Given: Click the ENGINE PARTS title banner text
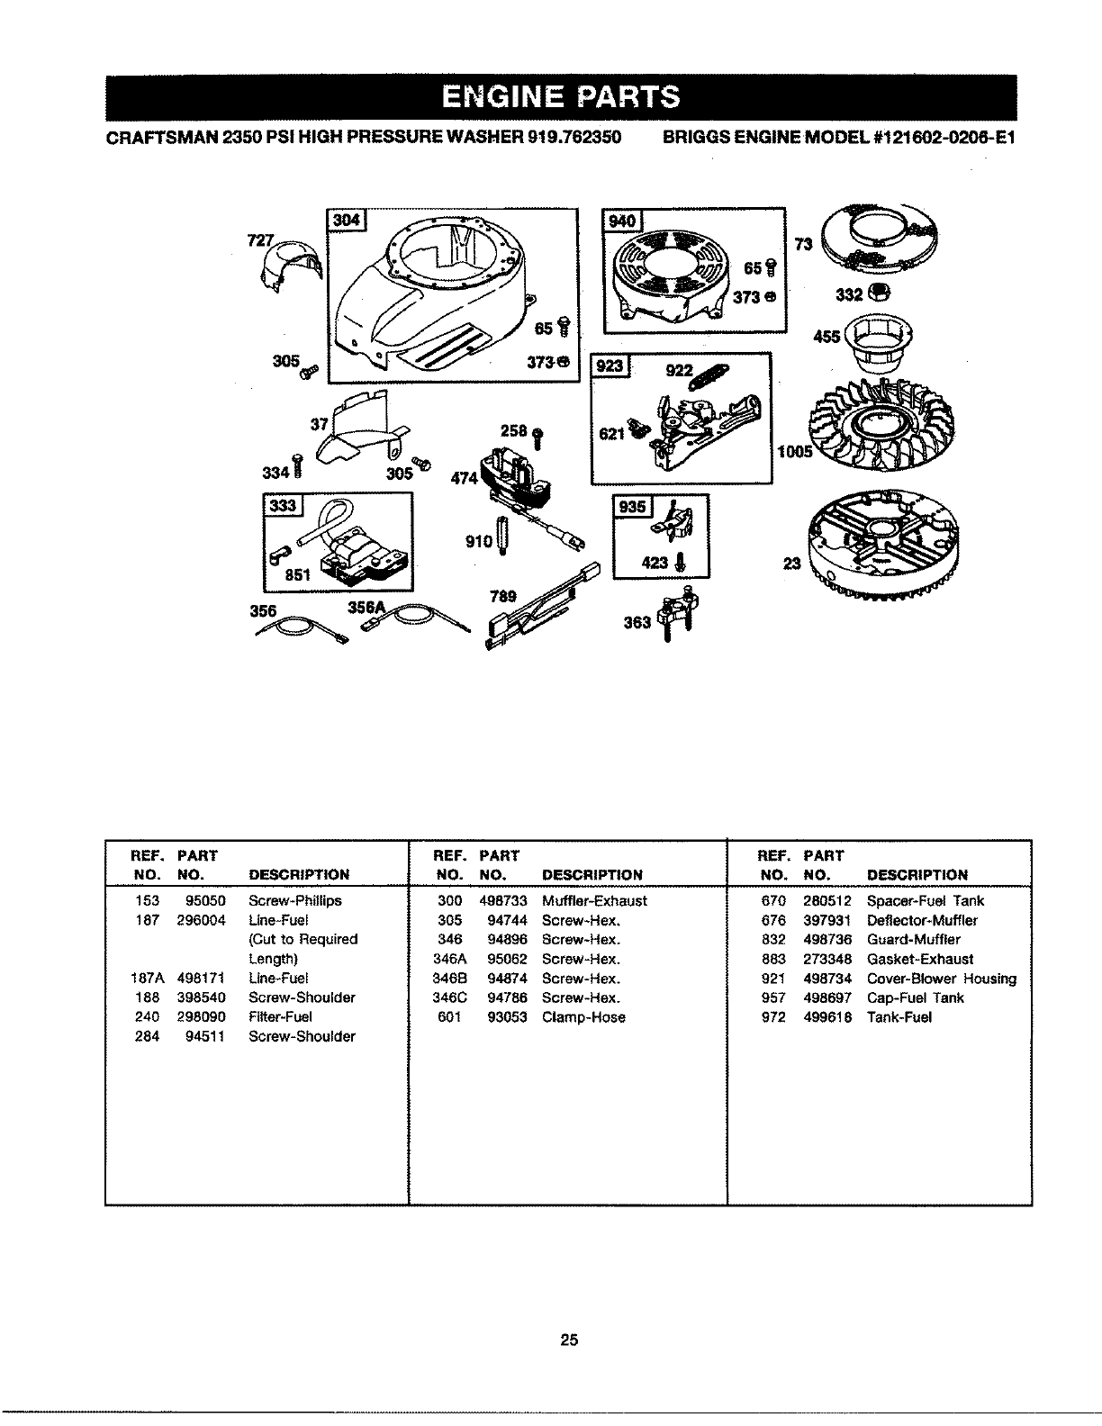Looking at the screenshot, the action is pyautogui.click(x=560, y=96).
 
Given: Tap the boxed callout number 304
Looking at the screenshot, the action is pyautogui.click(x=346, y=221).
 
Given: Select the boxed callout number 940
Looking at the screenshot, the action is pyautogui.click(x=622, y=221).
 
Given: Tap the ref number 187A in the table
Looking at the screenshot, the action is pyautogui.click(x=144, y=979).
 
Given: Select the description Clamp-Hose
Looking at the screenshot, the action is pyautogui.click(x=583, y=1017).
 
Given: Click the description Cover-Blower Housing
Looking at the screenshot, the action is pyautogui.click(x=941, y=979).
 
